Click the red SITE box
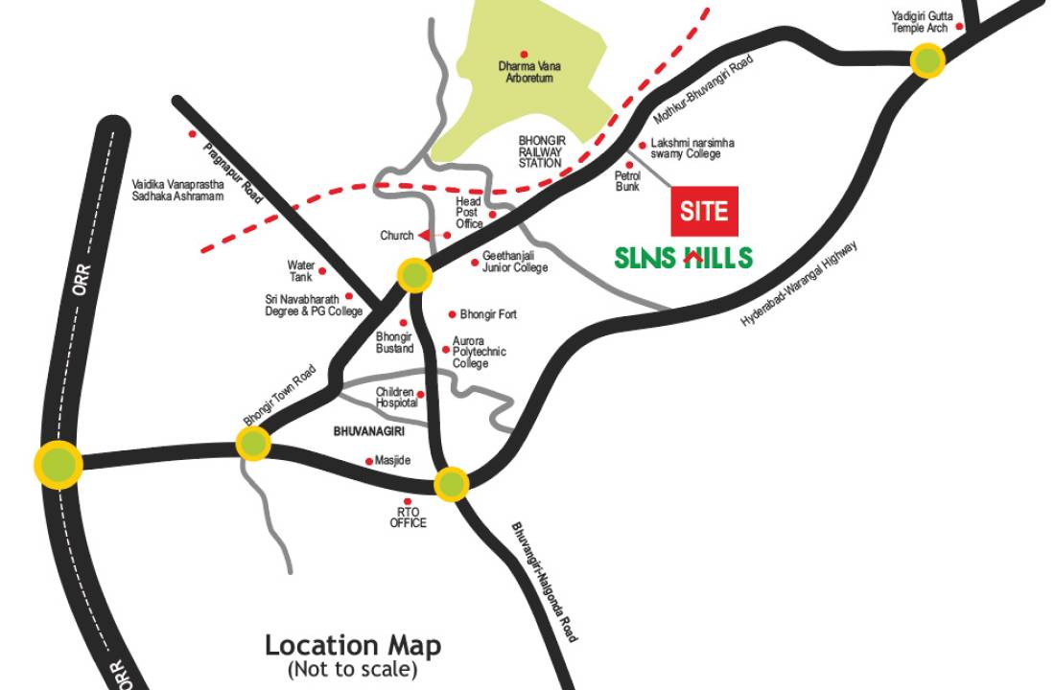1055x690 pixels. pos(704,211)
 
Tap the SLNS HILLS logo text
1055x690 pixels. pos(684,257)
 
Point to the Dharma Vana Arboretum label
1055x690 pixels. pos(530,72)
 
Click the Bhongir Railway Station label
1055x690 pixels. pos(542,151)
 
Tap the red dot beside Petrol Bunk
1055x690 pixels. pos(630,165)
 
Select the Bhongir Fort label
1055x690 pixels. pos(488,314)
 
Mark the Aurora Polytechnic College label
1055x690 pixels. pos(480,352)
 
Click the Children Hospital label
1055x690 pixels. pos(396,398)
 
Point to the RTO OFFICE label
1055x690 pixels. pos(408,517)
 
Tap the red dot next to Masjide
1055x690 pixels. pos(369,461)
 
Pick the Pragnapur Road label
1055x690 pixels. pos(233,171)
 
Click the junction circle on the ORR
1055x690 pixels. pos(58,463)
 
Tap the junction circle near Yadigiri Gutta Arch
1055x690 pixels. pos(927,61)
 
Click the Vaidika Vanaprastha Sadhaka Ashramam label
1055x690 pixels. pos(177,190)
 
